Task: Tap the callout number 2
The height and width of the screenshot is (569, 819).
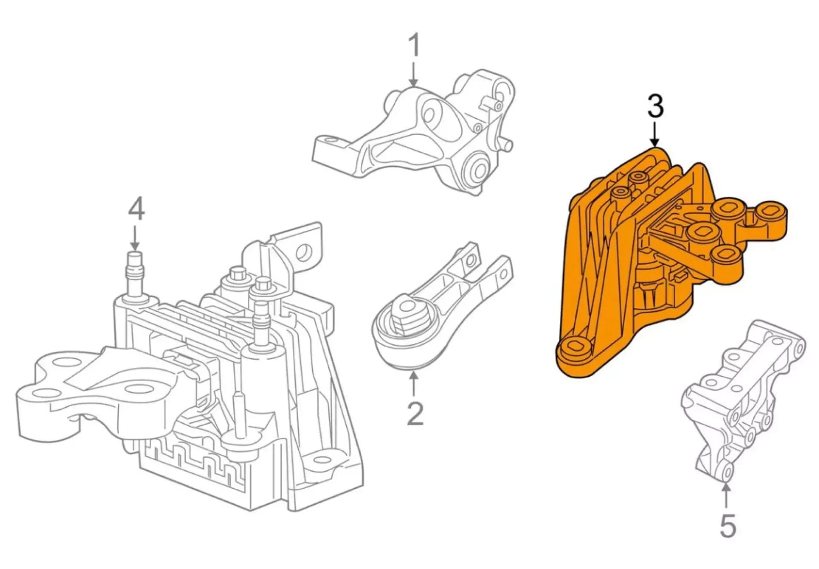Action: pyautogui.click(x=415, y=413)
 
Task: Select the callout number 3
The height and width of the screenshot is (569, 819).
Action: pyautogui.click(x=655, y=106)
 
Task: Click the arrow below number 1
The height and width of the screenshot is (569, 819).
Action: pyautogui.click(x=413, y=74)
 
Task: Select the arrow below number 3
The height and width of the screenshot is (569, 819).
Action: pyautogui.click(x=654, y=134)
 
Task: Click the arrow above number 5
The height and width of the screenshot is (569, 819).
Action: pyautogui.click(x=726, y=496)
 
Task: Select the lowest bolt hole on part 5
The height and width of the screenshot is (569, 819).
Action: pyautogui.click(x=727, y=472)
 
